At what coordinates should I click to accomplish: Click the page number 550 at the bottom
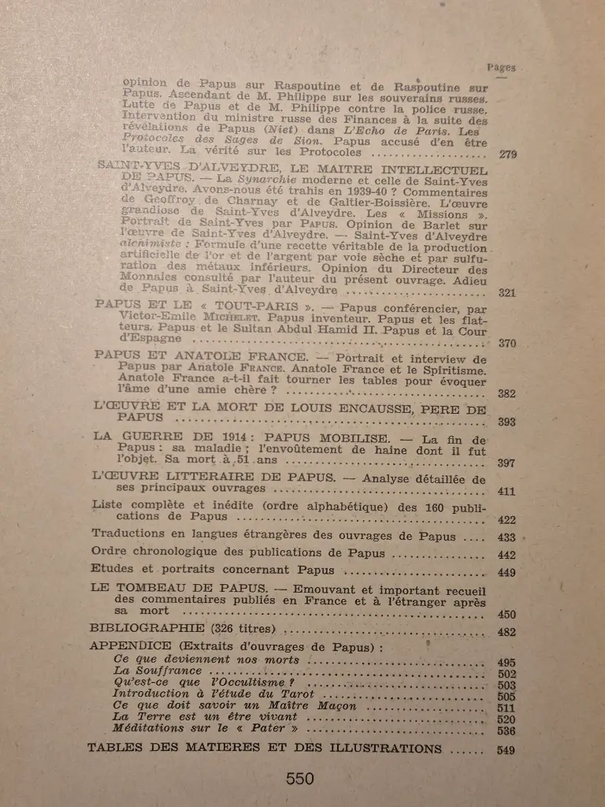300,779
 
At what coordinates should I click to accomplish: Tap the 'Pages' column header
501,68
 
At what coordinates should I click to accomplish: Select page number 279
507,154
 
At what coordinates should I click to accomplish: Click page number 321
507,293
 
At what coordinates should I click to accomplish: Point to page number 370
507,343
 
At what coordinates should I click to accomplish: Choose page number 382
507,393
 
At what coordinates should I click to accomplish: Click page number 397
507,463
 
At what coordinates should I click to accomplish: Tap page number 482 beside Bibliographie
507,632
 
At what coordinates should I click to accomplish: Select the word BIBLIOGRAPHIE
139,629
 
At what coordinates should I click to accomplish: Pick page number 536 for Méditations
507,731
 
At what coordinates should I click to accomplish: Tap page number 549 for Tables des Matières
507,750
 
